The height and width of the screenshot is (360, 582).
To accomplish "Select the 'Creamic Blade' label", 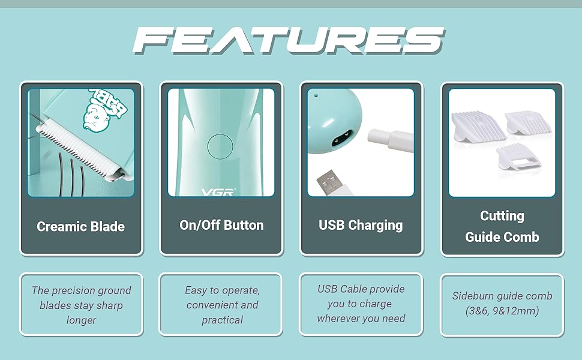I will point(81,227).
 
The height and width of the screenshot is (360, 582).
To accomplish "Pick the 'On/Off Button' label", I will point(221,226).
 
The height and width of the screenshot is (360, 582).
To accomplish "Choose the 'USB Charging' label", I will point(361,226).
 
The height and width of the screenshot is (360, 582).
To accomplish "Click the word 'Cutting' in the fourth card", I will point(502,216).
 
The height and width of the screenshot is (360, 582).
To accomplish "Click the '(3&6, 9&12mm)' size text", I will point(502,311).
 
